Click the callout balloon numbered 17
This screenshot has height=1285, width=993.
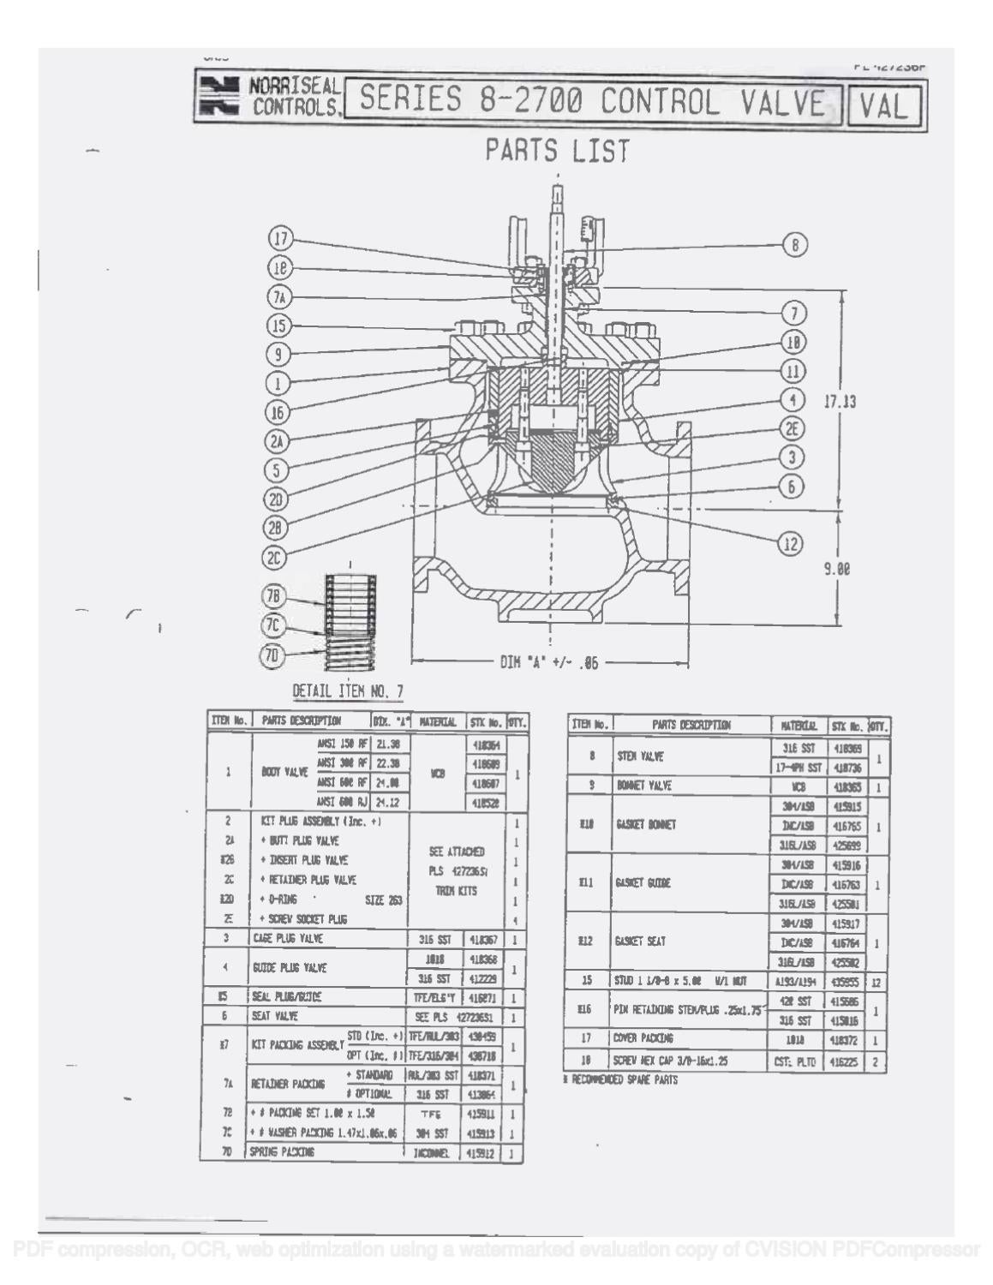281,239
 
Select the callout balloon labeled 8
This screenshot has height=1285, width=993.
795,245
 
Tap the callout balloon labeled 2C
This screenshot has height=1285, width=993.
274,558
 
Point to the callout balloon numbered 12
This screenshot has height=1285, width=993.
791,542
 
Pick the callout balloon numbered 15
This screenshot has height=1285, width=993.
279,326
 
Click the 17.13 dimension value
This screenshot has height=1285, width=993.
839,401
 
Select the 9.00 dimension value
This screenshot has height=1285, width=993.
837,568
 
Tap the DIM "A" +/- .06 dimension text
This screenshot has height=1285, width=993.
549,662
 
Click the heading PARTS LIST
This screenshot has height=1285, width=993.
558,152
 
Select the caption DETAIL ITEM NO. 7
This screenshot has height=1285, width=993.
348,691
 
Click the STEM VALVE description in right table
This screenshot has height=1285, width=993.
640,757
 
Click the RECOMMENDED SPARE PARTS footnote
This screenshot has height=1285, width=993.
621,1080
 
